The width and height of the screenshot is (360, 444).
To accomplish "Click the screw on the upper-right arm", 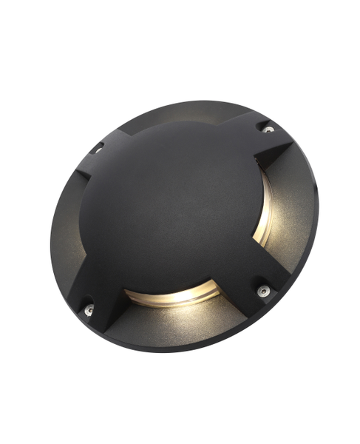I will click(268, 129).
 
